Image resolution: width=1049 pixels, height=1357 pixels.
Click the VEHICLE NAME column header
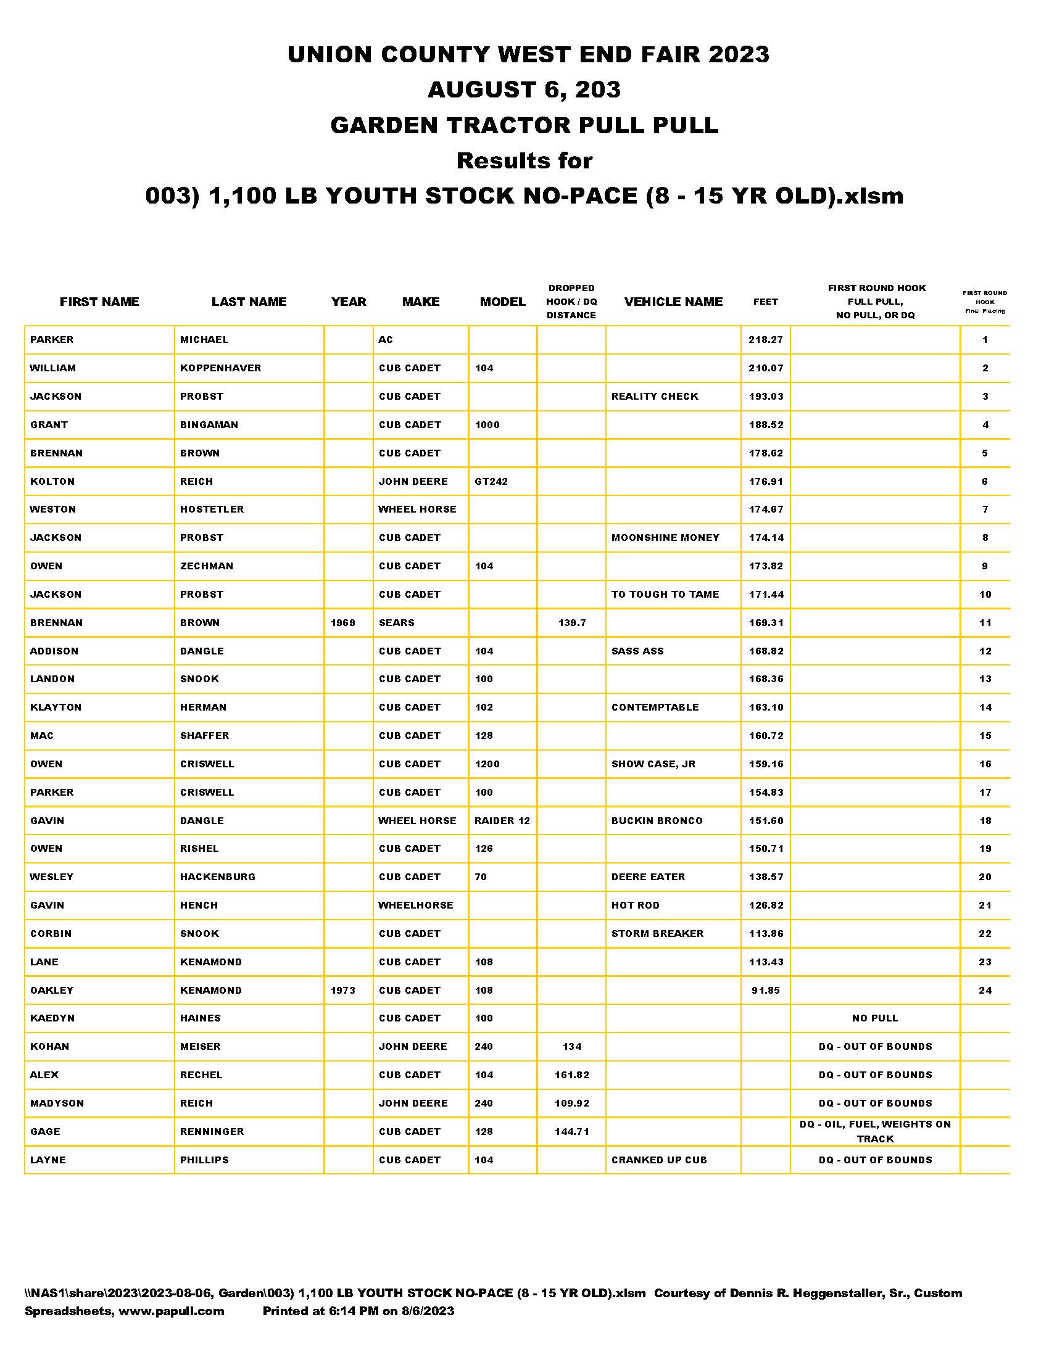(673, 302)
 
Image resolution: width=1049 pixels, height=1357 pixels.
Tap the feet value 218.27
(766, 340)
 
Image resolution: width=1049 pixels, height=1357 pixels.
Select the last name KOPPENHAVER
(221, 368)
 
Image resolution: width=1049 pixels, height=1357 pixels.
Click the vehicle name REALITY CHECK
(654, 397)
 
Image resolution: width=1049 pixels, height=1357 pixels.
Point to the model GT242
(491, 482)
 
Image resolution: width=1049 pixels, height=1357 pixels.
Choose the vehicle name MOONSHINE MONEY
(665, 537)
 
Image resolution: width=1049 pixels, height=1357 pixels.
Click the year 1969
(343, 622)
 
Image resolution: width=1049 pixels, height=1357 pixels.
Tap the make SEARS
(397, 622)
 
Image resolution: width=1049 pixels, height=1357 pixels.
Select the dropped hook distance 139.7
(572, 622)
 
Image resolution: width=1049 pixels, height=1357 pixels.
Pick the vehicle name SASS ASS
(637, 651)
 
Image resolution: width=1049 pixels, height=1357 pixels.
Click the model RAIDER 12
(502, 821)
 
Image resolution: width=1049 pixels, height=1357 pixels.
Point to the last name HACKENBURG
(217, 876)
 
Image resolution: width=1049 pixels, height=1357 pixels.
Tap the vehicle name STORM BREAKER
(657, 933)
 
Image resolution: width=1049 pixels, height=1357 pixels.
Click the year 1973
(343, 991)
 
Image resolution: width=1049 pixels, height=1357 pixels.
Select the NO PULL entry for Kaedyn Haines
(875, 1018)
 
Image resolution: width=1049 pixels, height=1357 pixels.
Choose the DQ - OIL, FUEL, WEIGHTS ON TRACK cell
(875, 1131)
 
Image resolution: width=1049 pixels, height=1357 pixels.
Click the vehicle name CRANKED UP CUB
(659, 1160)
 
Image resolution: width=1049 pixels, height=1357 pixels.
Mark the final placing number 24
(985, 991)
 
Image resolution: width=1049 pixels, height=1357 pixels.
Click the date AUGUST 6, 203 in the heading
(524, 90)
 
